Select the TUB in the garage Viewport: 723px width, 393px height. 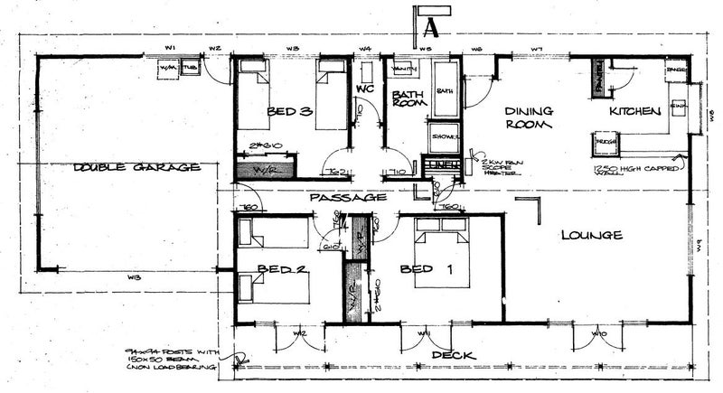click(189, 69)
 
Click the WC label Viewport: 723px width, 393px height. click(365, 90)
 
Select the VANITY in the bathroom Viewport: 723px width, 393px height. click(403, 70)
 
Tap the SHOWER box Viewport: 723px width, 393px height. click(445, 136)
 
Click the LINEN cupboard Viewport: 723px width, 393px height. click(442, 165)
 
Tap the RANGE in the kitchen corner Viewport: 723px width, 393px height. click(674, 70)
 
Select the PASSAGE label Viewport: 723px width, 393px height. click(348, 196)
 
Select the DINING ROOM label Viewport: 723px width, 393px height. click(529, 117)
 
